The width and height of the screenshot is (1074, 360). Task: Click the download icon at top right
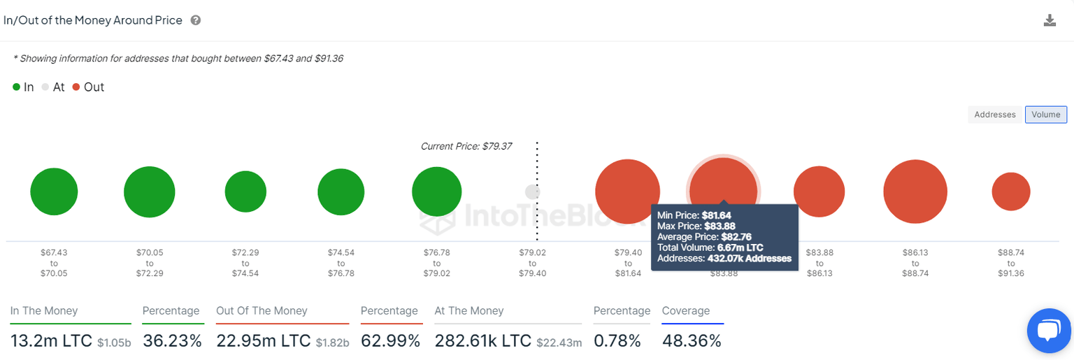point(1050,20)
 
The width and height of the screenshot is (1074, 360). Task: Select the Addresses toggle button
point(994,115)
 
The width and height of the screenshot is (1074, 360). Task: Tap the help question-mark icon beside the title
point(196,20)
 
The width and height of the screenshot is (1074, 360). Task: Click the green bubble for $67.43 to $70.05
point(54,192)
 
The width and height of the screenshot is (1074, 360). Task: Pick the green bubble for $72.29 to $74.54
point(245,192)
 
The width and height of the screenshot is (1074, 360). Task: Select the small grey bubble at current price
point(532,192)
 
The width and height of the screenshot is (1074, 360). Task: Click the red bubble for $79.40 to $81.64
point(627,192)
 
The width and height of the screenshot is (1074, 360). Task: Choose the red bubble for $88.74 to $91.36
point(1011,192)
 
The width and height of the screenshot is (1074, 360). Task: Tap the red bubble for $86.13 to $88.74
point(915,192)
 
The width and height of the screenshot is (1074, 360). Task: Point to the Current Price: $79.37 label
point(466,146)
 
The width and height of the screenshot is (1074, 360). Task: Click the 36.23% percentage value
point(172,341)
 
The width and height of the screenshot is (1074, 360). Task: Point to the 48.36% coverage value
point(691,341)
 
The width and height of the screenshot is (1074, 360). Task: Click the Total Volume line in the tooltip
point(710,247)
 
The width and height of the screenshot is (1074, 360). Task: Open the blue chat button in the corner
point(1050,331)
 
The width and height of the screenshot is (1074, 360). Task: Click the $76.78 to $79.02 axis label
point(436,262)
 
